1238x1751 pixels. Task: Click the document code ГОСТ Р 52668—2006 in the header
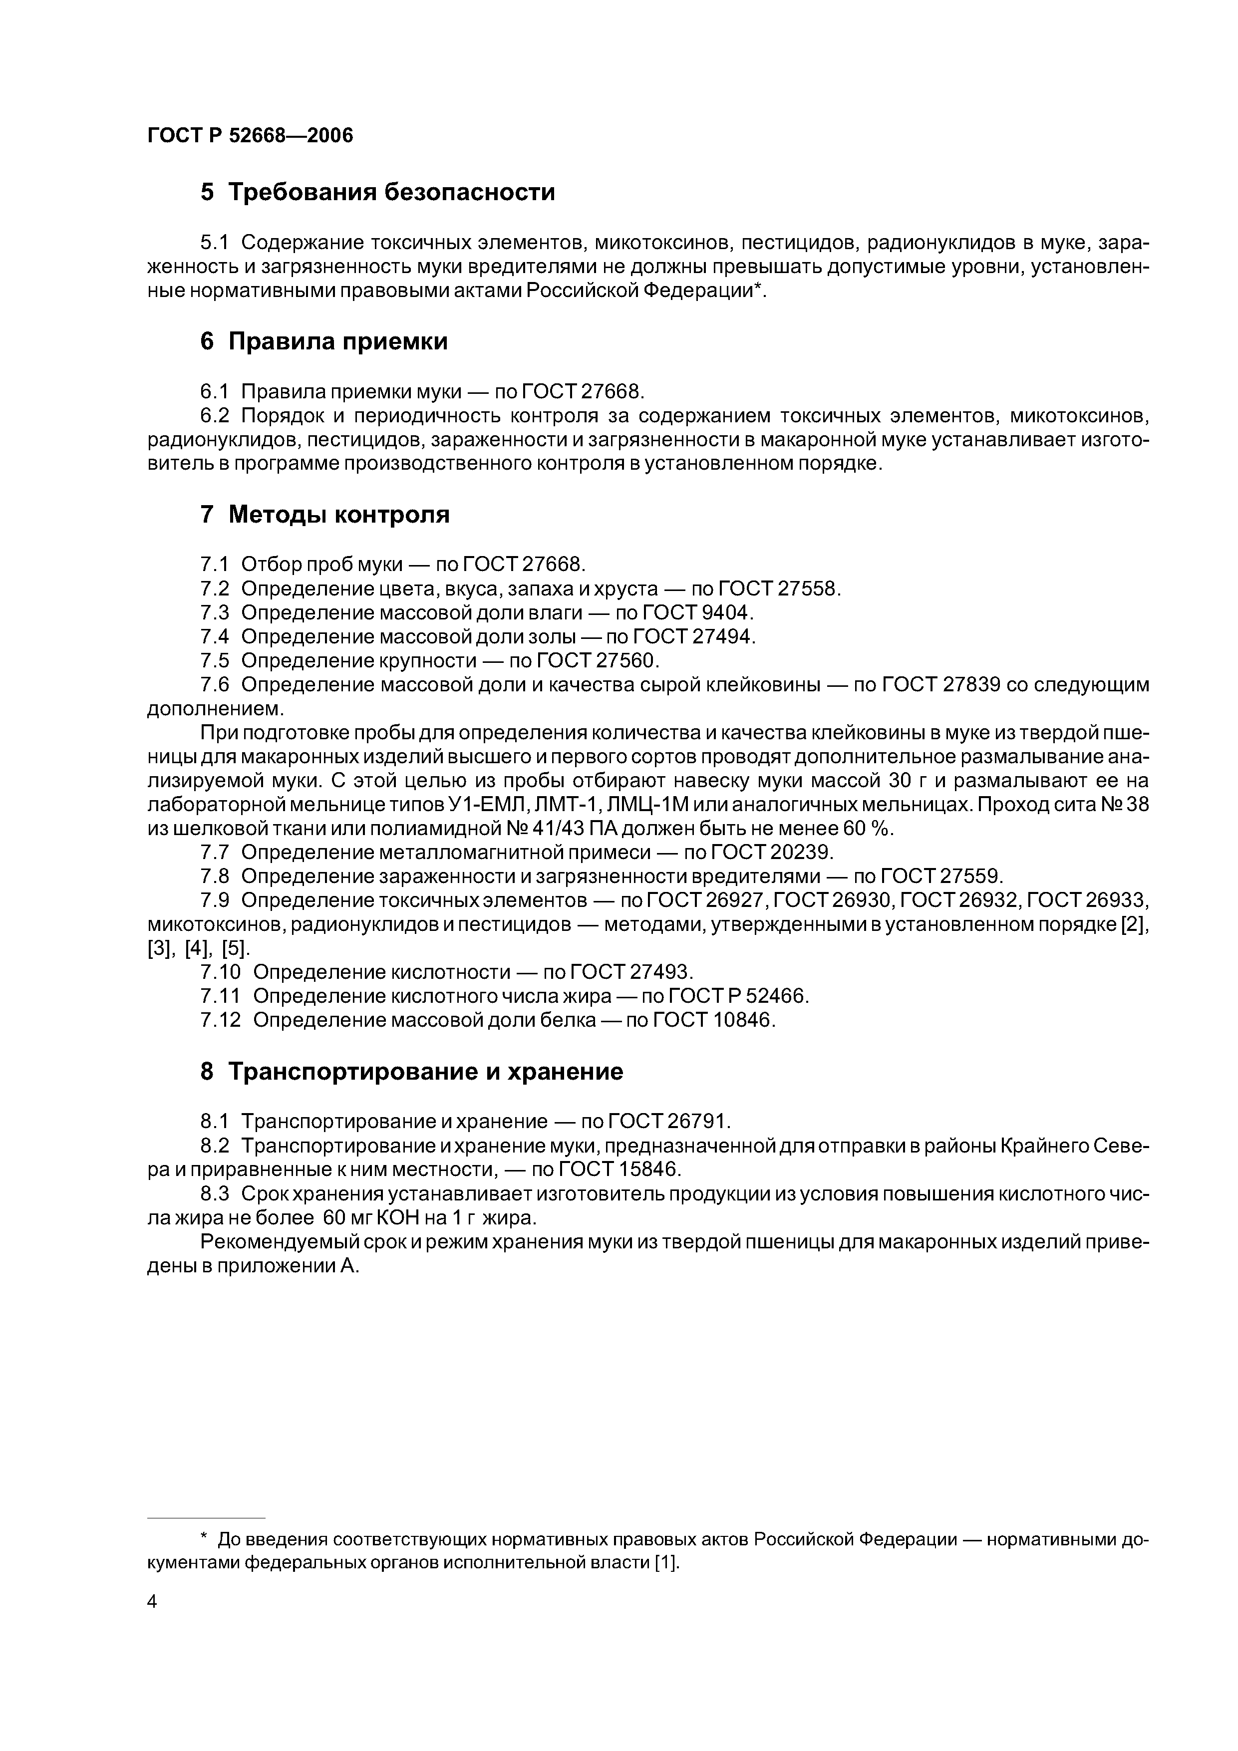(x=250, y=136)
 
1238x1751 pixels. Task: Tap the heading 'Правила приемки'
(x=338, y=341)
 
